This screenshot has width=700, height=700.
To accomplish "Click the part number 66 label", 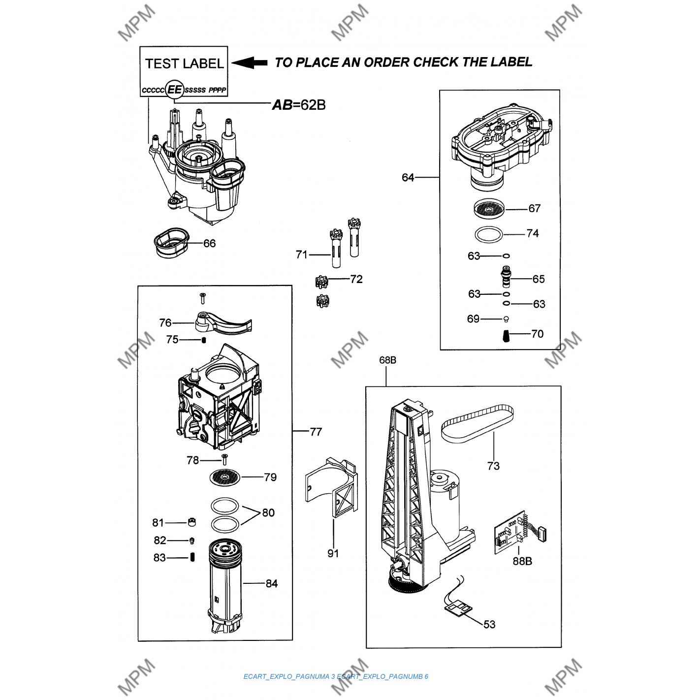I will [209, 243].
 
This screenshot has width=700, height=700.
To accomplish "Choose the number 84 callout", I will [272, 583].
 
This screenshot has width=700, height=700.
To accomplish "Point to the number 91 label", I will [333, 553].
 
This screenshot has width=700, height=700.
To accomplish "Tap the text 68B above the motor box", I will [387, 360].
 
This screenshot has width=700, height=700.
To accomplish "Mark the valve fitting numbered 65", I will [505, 278].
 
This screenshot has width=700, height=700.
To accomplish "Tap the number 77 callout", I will [316, 432].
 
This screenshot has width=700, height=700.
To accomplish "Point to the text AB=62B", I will [299, 104].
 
